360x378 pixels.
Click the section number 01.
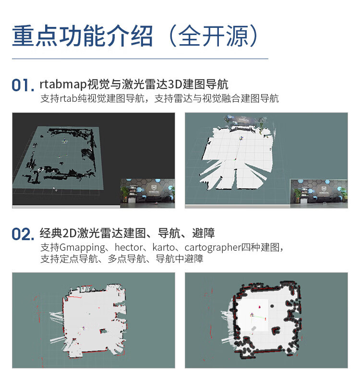(23, 85)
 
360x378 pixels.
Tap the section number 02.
(23, 234)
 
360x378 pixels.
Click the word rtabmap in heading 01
(63, 85)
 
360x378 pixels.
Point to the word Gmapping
(83, 248)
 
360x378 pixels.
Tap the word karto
(163, 247)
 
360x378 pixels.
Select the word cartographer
(213, 248)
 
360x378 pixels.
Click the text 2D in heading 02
(70, 233)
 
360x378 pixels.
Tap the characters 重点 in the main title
(35, 36)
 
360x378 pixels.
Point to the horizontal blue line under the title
(140, 59)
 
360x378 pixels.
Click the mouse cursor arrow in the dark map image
(55, 189)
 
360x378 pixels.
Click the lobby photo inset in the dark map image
(147, 194)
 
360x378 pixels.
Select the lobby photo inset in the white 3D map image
(319, 193)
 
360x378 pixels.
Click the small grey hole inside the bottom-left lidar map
(103, 331)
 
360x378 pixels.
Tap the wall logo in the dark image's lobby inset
(153, 188)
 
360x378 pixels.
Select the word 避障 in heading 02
(204, 233)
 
